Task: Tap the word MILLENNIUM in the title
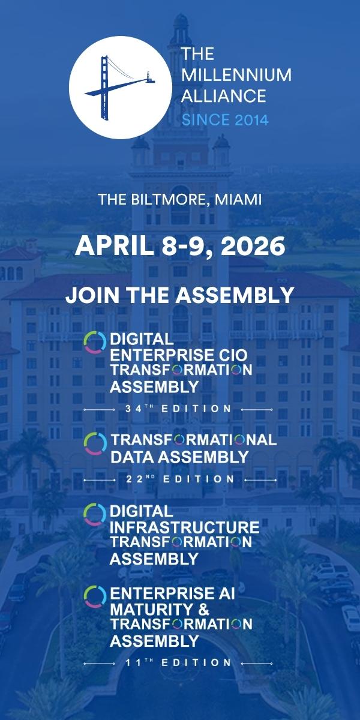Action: click(x=236, y=74)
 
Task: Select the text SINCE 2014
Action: click(x=225, y=120)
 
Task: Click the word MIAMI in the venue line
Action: click(x=238, y=199)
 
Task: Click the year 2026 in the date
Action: click(x=253, y=246)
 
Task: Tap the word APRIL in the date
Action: click(x=115, y=246)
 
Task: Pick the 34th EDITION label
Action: click(x=178, y=409)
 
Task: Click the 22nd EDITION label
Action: click(x=181, y=479)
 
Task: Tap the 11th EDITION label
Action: click(x=178, y=662)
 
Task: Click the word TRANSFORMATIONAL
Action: click(x=194, y=440)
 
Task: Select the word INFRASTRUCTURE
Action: click(x=185, y=527)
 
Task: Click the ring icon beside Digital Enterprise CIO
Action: click(x=95, y=343)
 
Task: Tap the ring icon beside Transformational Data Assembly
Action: click(x=95, y=443)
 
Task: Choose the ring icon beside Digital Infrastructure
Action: click(x=95, y=515)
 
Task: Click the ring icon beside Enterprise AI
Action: click(x=95, y=597)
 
